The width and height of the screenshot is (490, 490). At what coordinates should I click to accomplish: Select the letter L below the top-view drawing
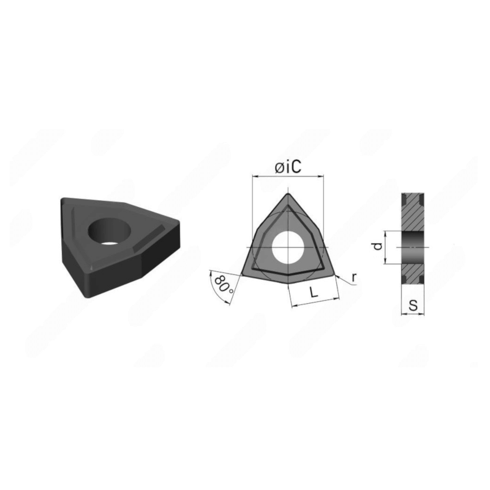[x=314, y=293]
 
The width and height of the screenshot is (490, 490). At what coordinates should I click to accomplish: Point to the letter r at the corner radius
[x=354, y=276]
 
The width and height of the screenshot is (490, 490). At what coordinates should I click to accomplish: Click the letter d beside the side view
[x=378, y=247]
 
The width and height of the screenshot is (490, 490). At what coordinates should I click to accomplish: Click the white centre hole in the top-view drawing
[x=288, y=246]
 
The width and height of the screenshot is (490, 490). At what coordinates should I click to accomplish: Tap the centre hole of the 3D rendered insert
[x=111, y=229]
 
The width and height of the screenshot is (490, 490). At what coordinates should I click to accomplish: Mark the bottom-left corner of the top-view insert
[x=243, y=274]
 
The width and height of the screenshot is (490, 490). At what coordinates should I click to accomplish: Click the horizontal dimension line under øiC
[x=288, y=176]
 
